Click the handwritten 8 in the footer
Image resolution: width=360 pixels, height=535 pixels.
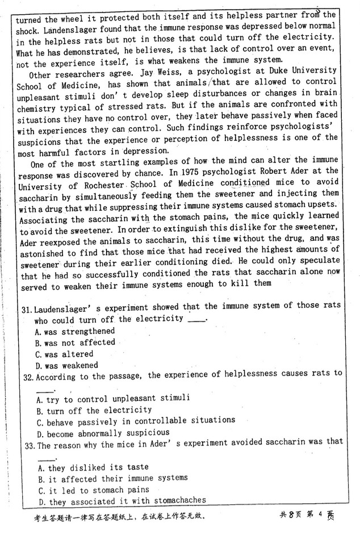(x=291, y=515)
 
